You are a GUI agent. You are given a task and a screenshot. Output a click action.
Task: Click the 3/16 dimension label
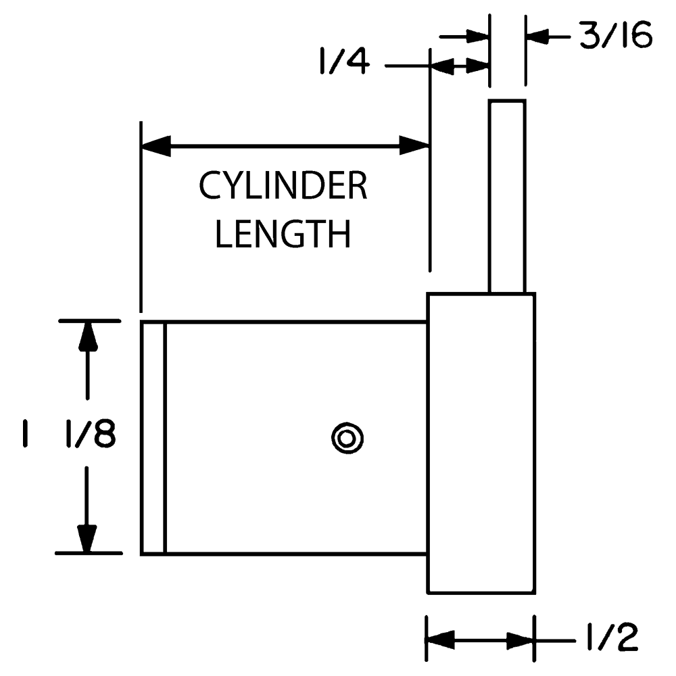click(x=615, y=37)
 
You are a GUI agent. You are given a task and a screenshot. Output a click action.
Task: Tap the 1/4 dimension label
click(x=343, y=63)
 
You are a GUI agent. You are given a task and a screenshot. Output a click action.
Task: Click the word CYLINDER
click(x=283, y=186)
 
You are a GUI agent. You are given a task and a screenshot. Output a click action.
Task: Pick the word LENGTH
click(x=283, y=235)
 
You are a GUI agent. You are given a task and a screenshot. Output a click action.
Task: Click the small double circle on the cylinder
click(x=347, y=437)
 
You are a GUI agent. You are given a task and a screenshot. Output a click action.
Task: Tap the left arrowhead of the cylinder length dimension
click(x=155, y=145)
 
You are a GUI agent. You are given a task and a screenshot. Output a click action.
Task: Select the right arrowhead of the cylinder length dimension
click(x=414, y=145)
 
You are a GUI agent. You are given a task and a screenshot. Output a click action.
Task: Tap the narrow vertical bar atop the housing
click(x=507, y=196)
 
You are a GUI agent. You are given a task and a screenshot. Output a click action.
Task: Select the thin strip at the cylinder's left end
click(x=153, y=438)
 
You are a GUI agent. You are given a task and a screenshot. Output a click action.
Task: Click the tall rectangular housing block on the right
click(x=481, y=443)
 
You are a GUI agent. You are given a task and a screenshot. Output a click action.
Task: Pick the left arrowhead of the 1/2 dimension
click(x=440, y=639)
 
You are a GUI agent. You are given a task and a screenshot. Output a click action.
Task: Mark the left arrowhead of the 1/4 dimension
click(x=441, y=66)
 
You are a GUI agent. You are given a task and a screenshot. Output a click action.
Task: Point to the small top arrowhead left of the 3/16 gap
click(x=476, y=36)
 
